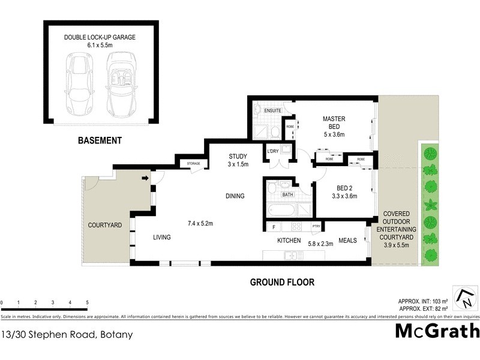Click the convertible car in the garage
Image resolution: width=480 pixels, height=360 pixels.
122,85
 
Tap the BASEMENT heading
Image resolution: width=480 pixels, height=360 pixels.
100,141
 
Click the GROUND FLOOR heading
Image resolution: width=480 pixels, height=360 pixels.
282,282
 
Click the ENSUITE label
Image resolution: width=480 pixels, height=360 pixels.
272,111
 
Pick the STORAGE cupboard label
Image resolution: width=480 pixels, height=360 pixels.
193,163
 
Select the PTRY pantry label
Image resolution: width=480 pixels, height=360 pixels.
316,227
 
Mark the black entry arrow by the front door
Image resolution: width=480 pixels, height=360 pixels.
145,178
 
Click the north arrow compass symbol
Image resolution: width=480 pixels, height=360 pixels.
464,296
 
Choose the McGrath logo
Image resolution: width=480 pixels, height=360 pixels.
437,331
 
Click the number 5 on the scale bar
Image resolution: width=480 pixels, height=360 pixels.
88,303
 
